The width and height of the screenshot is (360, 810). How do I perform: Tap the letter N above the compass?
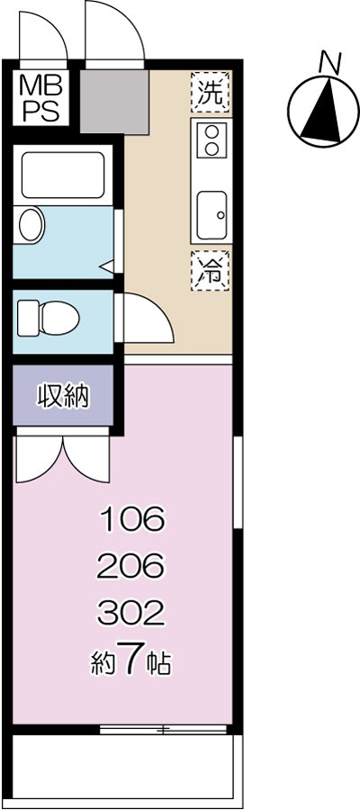pos(329,62)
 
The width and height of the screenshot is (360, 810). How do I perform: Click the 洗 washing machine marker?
pos(210,92)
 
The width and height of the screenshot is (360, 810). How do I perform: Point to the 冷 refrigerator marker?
pos(210,270)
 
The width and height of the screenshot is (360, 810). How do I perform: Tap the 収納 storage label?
pos(63,396)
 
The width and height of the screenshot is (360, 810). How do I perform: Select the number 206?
pos(131,566)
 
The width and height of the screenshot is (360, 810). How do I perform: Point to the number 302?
pos(131,614)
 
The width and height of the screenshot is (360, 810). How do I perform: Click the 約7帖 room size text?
pos(131,662)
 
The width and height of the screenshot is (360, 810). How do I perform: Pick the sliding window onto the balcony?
pos(166,729)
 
